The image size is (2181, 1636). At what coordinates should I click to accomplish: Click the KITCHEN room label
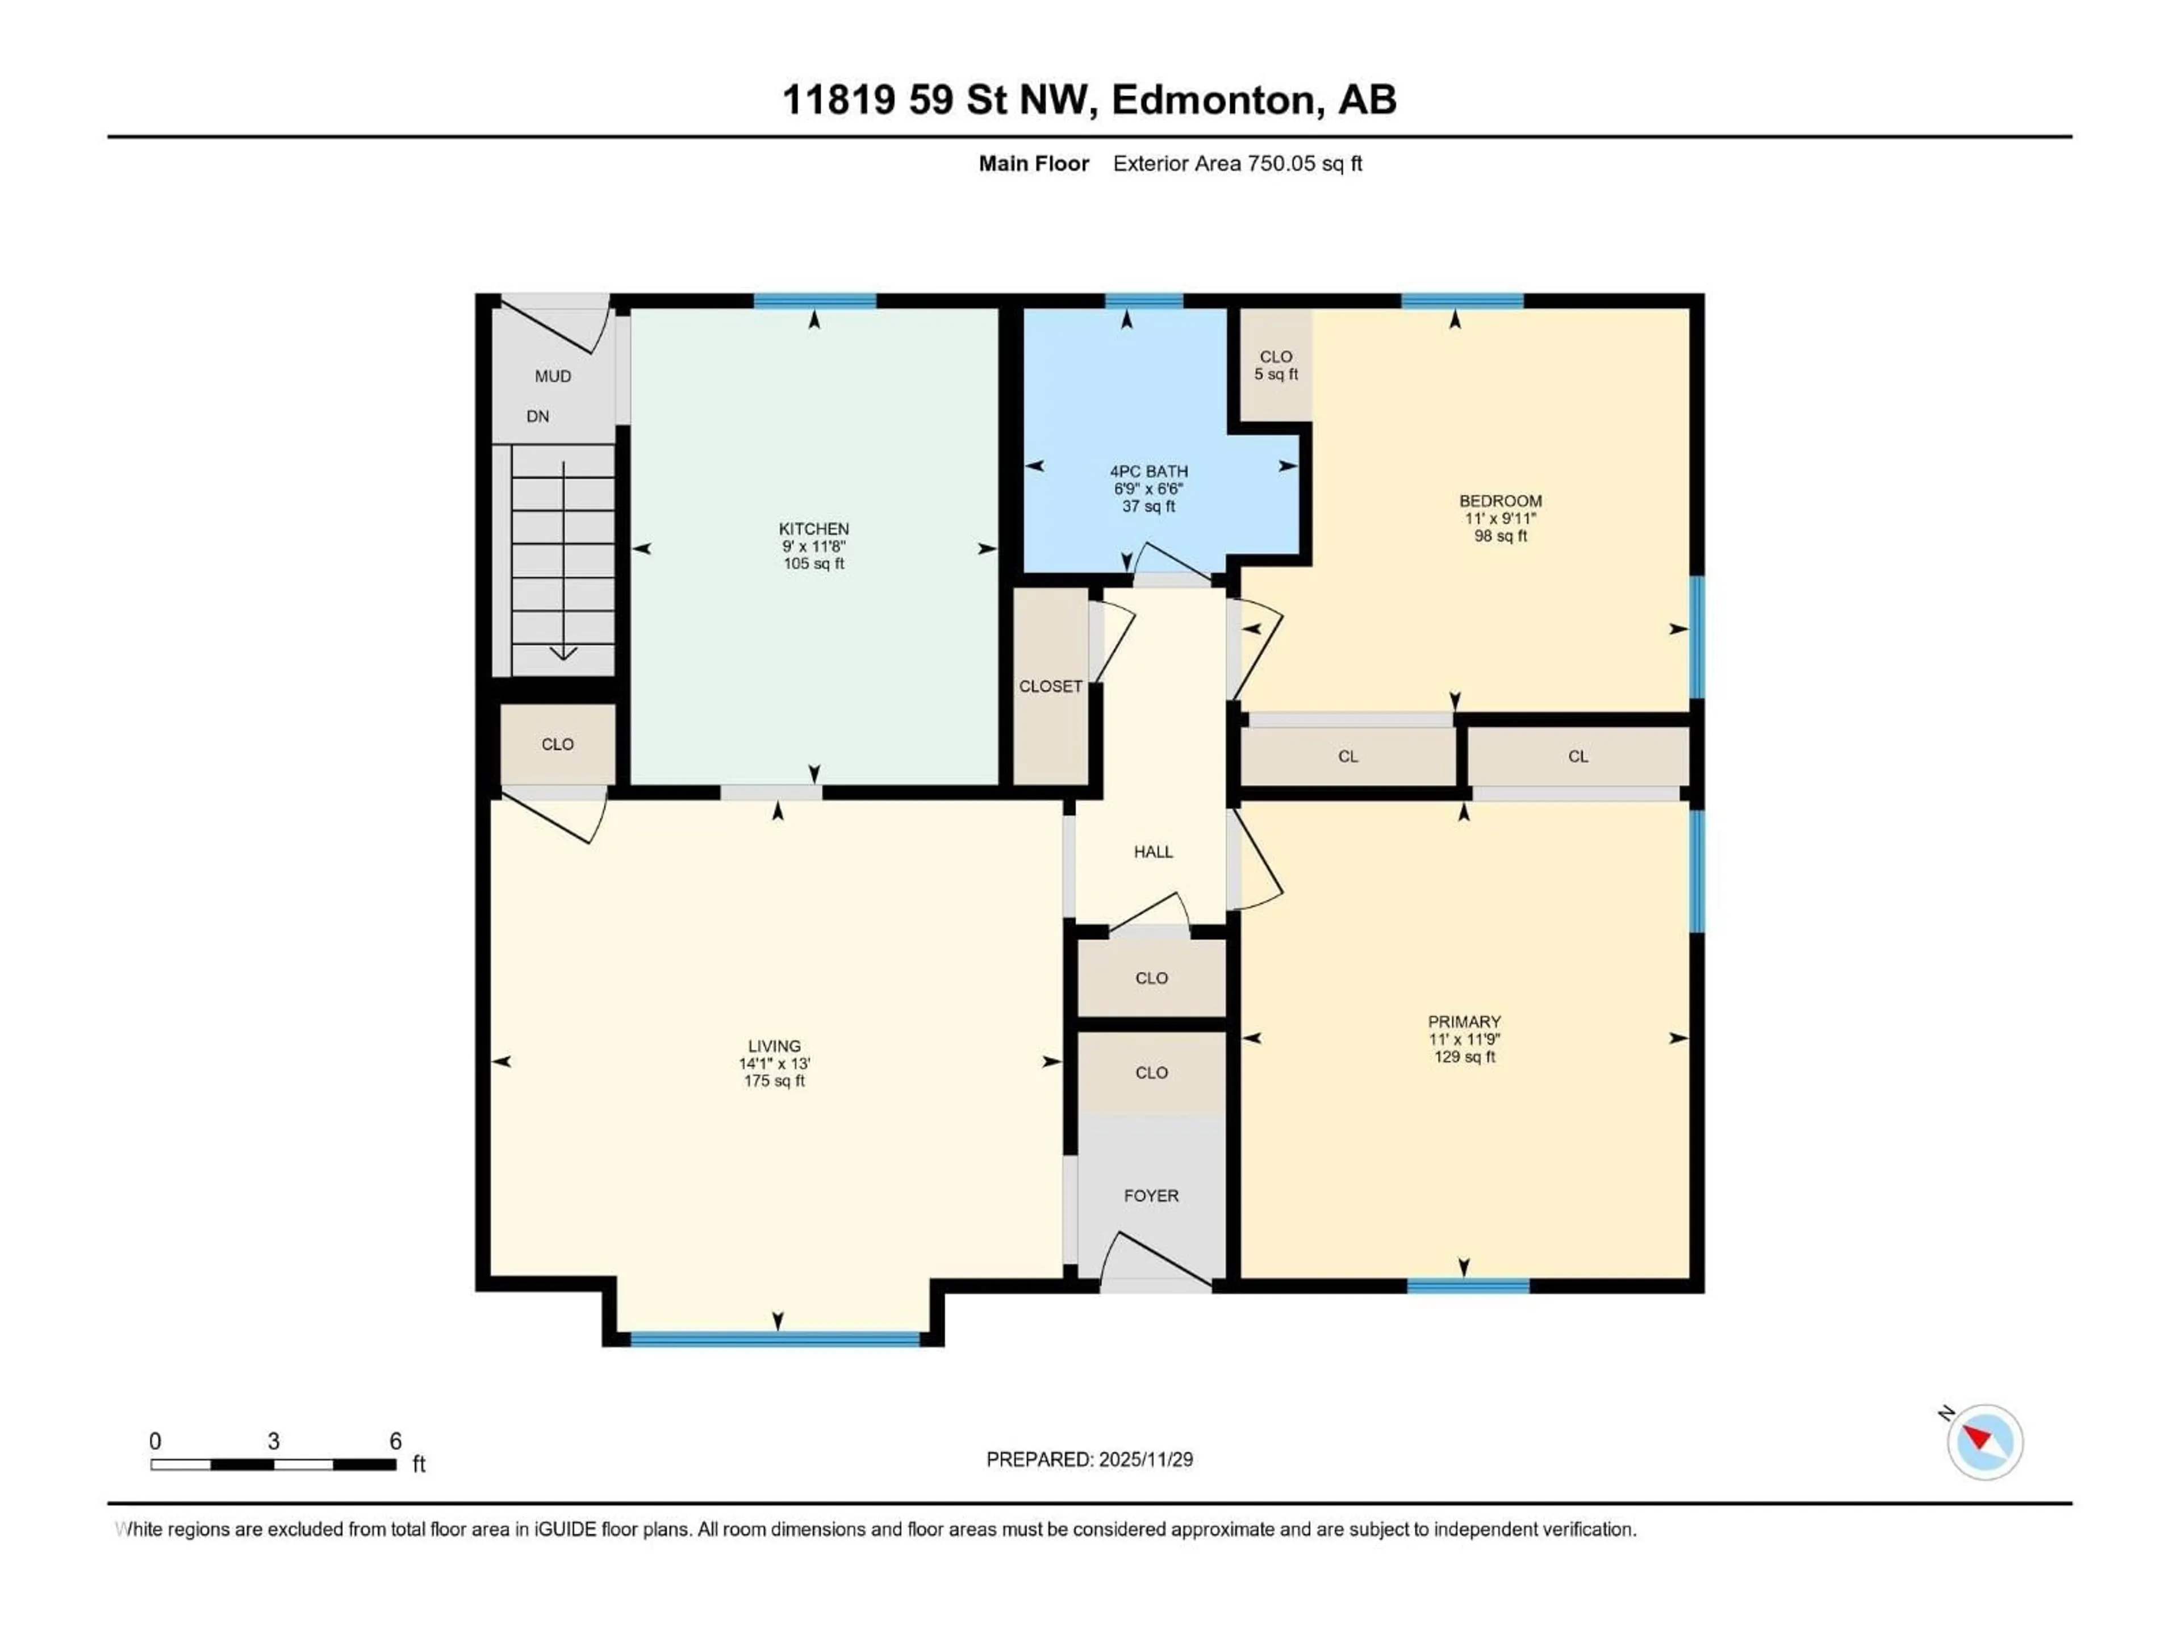(x=813, y=528)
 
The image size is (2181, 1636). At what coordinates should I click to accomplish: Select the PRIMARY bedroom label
(x=1464, y=1021)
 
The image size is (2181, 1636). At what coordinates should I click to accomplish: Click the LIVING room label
(x=774, y=1046)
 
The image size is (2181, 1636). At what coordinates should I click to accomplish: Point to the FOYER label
(x=1151, y=1195)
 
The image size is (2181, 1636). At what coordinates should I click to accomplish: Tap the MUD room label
(x=553, y=375)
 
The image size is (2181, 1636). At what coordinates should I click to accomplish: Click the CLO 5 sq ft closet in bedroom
(x=1276, y=365)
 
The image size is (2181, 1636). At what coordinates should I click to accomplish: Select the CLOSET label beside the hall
(x=1050, y=686)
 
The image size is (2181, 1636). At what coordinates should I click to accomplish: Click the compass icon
(x=1985, y=1442)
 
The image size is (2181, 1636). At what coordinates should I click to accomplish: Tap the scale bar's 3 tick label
(x=273, y=1441)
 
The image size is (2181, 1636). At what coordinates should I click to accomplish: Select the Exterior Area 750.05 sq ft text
(x=1238, y=164)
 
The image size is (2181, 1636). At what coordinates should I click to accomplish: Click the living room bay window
(x=775, y=1338)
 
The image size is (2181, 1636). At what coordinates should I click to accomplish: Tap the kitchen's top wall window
(x=814, y=301)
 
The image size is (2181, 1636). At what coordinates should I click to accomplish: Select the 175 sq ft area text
(x=774, y=1081)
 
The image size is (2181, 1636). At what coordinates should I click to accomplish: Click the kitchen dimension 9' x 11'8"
(x=813, y=546)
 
